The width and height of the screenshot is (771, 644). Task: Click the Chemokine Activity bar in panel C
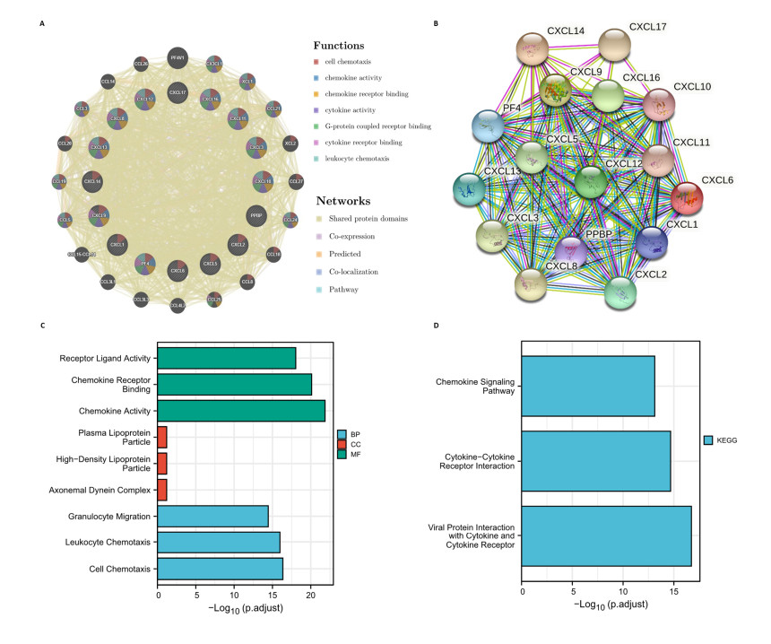click(x=241, y=411)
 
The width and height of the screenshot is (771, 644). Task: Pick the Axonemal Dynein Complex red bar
click(x=162, y=490)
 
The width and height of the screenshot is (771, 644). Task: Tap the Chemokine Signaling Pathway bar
click(x=588, y=386)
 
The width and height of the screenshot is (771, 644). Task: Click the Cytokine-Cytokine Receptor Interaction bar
click(x=596, y=461)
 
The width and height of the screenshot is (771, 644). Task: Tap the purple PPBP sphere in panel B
click(x=575, y=254)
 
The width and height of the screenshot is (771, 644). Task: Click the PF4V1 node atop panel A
click(x=178, y=57)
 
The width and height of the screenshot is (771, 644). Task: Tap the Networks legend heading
click(x=342, y=201)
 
